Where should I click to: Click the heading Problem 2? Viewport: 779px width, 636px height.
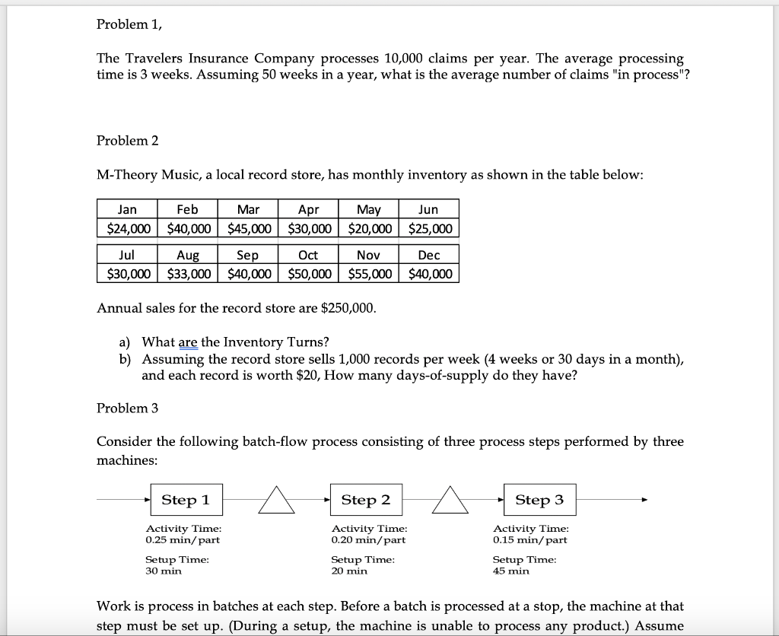pyautogui.click(x=127, y=141)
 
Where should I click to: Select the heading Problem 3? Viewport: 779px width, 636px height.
pyautogui.click(x=127, y=408)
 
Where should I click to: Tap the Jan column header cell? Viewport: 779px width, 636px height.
pyautogui.click(x=127, y=209)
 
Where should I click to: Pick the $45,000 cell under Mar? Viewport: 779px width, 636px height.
pyautogui.click(x=249, y=228)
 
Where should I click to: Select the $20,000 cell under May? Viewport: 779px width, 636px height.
pyautogui.click(x=370, y=228)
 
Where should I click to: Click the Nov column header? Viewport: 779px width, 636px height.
pyautogui.click(x=370, y=255)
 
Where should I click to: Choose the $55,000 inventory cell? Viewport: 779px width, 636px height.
pyautogui.click(x=370, y=274)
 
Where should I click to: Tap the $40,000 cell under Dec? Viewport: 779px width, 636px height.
pyautogui.click(x=430, y=274)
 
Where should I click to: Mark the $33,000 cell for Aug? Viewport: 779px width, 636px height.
pyautogui.click(x=188, y=274)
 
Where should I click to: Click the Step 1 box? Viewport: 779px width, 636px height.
pyautogui.click(x=186, y=500)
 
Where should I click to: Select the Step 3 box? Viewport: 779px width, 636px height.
pyautogui.click(x=539, y=500)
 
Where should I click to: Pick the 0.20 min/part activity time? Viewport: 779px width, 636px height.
pyautogui.click(x=368, y=540)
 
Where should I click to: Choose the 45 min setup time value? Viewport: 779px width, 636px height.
pyautogui.click(x=510, y=571)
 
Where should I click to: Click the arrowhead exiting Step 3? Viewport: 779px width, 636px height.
pyautogui.click(x=644, y=500)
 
